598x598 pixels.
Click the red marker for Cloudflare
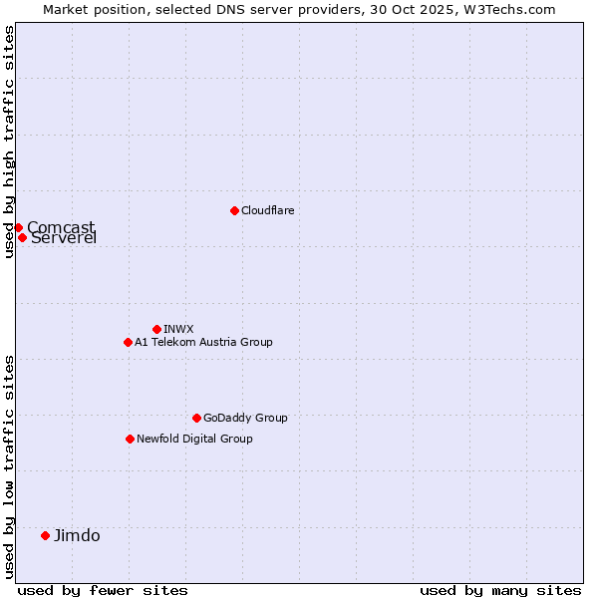click(x=234, y=210)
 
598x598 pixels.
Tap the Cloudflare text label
click(x=267, y=210)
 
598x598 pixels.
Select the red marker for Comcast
click(x=18, y=227)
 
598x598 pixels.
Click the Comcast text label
click(x=61, y=227)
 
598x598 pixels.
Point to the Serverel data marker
click(x=22, y=237)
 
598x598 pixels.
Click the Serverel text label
click(x=64, y=238)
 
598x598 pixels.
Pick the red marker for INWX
click(x=156, y=329)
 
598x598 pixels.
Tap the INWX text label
click(x=178, y=329)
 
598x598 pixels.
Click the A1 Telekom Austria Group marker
click(x=128, y=342)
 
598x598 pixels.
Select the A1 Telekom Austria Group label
click(x=203, y=342)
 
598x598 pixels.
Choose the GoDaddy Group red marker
click(x=196, y=418)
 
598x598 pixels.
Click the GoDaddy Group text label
click(x=245, y=418)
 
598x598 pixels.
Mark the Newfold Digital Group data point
click(x=130, y=439)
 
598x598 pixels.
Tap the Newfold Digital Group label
click(x=194, y=439)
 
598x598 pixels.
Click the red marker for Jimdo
click(x=45, y=535)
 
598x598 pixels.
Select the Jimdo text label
click(x=77, y=535)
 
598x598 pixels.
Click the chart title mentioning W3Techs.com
click(x=299, y=9)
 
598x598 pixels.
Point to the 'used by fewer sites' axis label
click(x=103, y=590)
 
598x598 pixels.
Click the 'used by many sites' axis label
click(x=500, y=590)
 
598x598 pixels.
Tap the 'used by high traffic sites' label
click(x=9, y=142)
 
